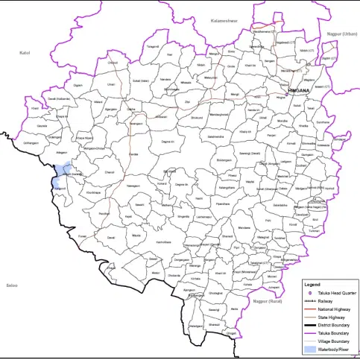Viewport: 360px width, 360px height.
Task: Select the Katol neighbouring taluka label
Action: [x=24, y=54]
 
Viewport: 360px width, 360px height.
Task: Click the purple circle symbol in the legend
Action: [x=310, y=294]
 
